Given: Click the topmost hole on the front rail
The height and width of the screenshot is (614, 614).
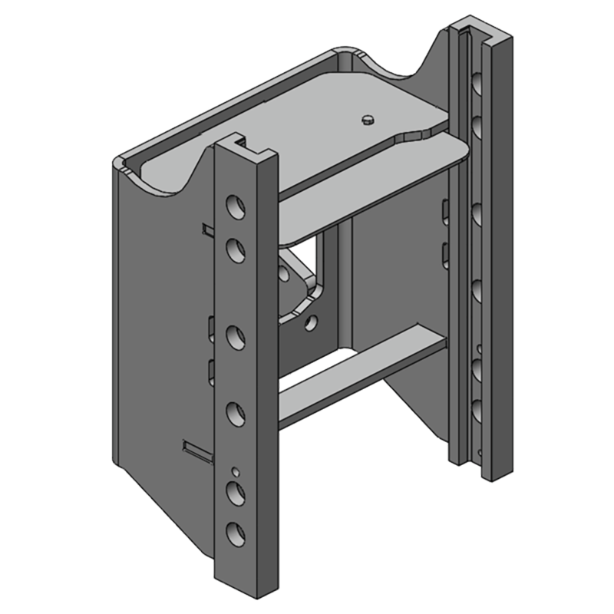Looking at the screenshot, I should (236, 205).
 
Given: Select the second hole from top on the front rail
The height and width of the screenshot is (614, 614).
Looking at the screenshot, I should (236, 248).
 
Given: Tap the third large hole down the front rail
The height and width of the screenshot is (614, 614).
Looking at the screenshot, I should (236, 335).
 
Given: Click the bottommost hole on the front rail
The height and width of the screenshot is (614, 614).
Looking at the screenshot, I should (236, 530).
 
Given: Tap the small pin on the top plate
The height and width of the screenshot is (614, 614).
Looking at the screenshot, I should (368, 118).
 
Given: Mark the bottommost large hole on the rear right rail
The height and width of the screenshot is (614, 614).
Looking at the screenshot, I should (476, 407).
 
